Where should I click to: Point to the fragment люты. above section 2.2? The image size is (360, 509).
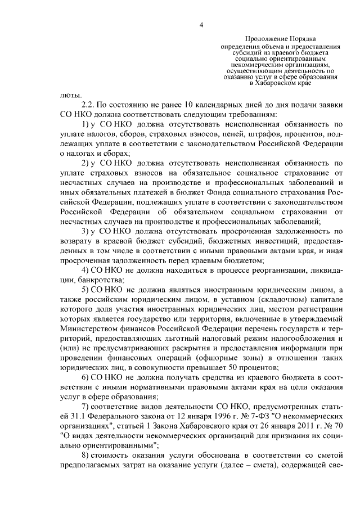point(67,94)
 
